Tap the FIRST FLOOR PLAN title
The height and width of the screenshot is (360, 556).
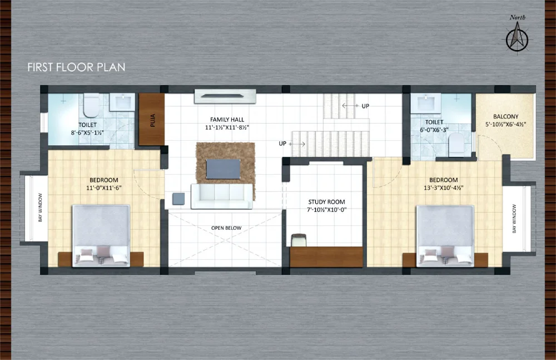(76, 67)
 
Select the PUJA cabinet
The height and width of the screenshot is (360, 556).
(151, 119)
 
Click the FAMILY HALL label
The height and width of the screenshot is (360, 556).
(227, 120)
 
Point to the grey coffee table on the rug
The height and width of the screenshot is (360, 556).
(223, 169)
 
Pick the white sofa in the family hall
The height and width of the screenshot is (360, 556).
(222, 196)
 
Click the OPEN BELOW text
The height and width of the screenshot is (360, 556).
(226, 228)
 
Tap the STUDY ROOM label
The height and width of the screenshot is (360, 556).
(326, 201)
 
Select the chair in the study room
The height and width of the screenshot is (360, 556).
(299, 240)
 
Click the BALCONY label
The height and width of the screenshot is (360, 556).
(505, 116)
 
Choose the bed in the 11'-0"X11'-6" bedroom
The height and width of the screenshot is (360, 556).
(101, 236)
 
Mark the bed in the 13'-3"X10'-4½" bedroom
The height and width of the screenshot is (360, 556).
(445, 236)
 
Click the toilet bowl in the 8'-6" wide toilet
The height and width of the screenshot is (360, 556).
(91, 106)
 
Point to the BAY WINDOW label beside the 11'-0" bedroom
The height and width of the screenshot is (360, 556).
(40, 208)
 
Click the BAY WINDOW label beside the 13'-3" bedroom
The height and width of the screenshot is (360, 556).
(514, 219)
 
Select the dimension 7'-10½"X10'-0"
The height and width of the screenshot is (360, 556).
(326, 210)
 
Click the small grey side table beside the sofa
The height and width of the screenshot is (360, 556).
(178, 199)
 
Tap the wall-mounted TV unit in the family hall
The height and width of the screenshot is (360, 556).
(225, 96)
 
